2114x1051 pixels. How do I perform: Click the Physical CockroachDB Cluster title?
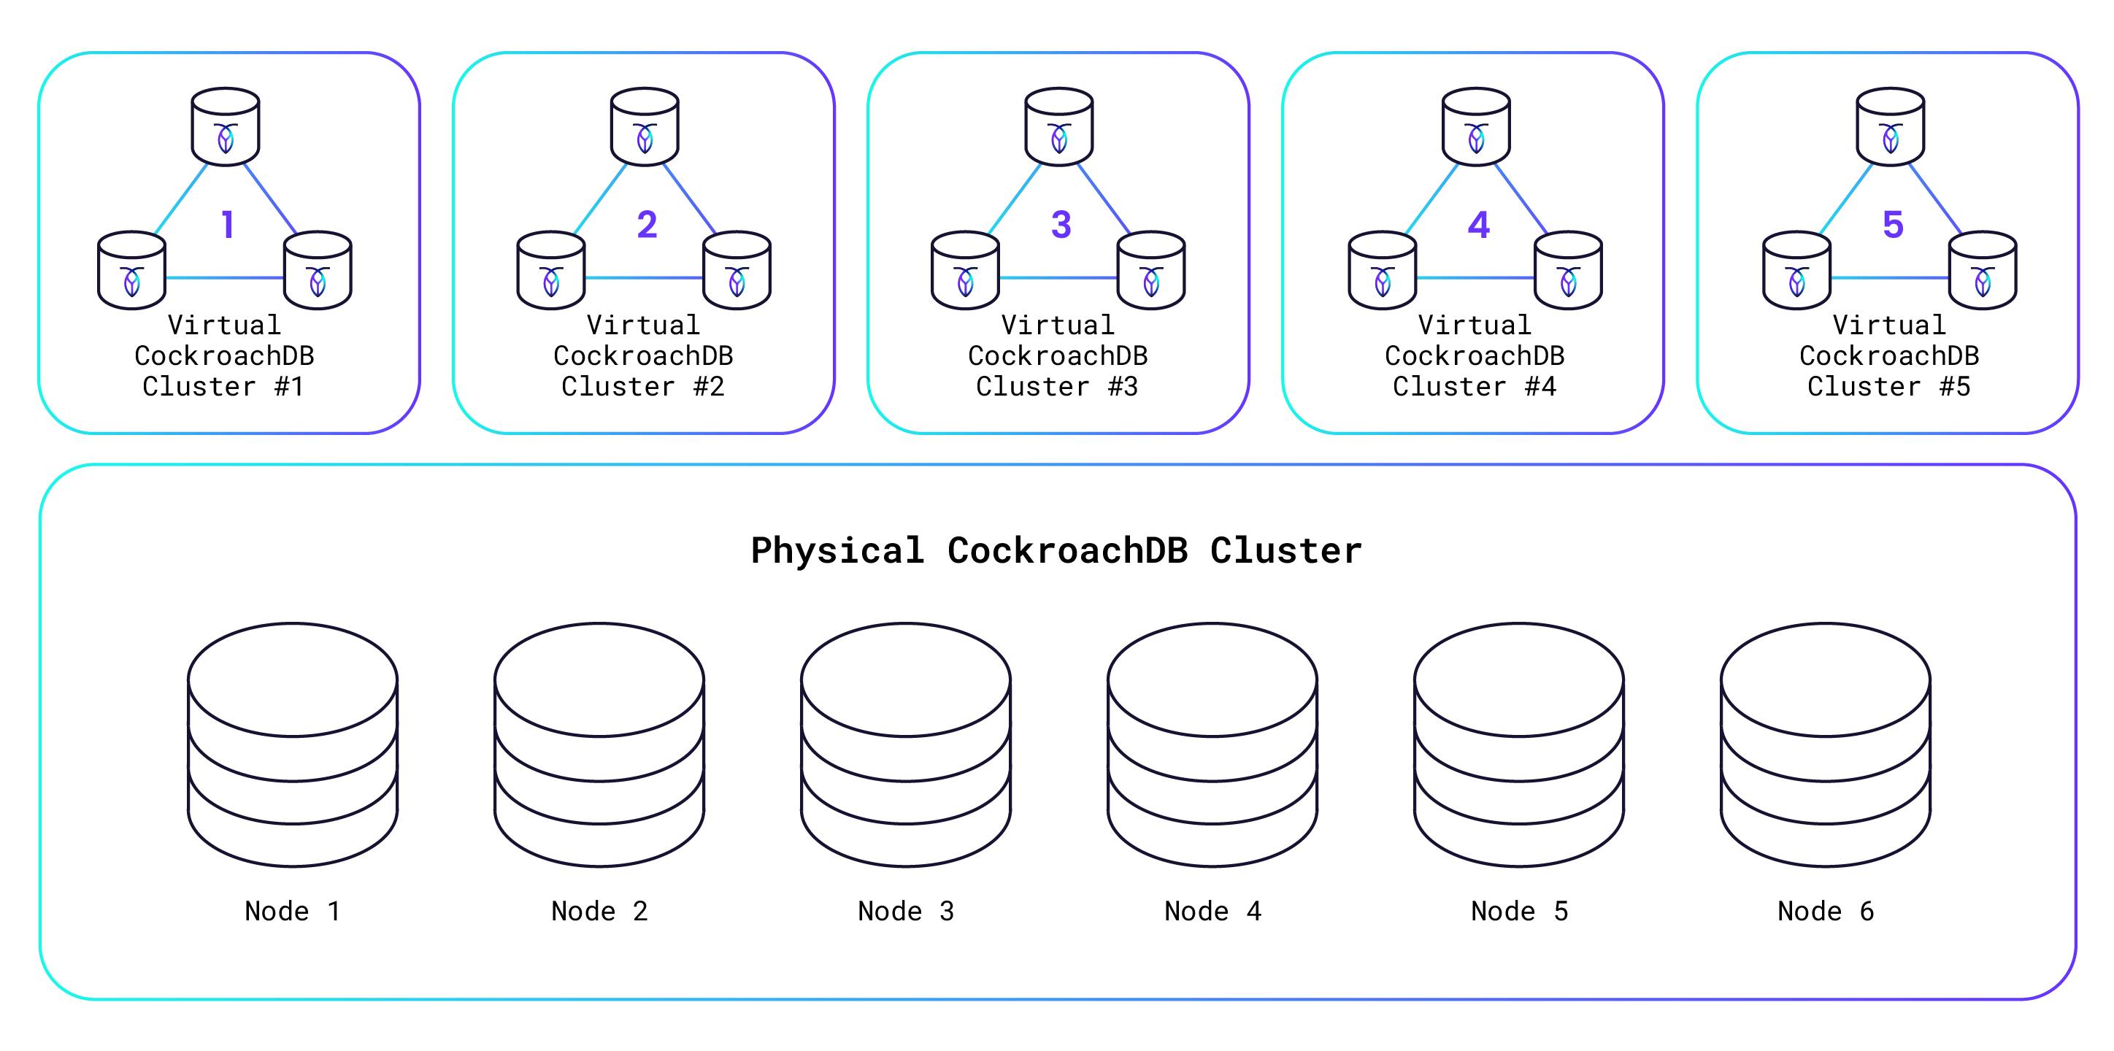[x=1056, y=550]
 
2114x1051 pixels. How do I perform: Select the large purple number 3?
[x=1061, y=224]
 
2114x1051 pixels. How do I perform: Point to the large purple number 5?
[x=1892, y=224]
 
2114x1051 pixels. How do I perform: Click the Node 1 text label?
[x=292, y=911]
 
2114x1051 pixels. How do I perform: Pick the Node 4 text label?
[x=1212, y=911]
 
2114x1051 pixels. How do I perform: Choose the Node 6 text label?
[x=1825, y=911]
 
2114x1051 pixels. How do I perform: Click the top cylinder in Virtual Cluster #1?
[x=226, y=127]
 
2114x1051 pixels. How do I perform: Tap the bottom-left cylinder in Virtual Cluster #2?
[x=550, y=271]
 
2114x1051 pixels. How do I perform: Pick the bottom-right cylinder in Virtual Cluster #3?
[x=1151, y=271]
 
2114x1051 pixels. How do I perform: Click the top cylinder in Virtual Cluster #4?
[x=1476, y=127]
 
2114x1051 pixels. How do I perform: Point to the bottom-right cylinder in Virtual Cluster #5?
[x=1983, y=271]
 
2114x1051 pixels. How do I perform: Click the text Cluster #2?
[x=642, y=386]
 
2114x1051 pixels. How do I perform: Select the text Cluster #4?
[x=1474, y=386]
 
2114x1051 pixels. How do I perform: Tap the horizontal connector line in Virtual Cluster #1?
[x=225, y=278]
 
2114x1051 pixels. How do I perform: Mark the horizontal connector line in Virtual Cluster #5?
[x=1889, y=278]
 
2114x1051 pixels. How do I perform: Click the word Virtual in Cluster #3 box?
[x=1058, y=325]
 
